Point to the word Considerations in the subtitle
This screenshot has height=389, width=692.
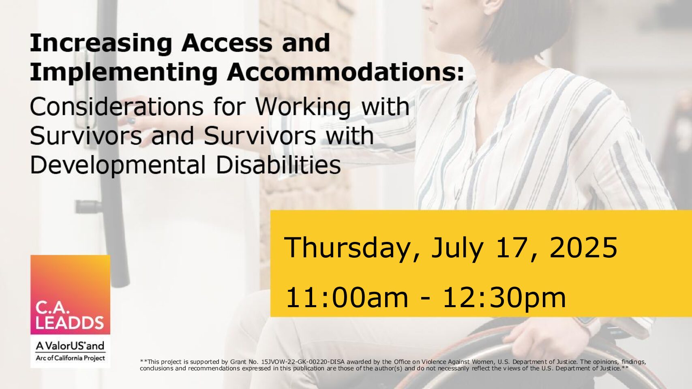coord(116,107)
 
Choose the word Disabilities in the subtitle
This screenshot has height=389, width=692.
coord(279,165)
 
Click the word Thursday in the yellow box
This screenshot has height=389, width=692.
coord(352,248)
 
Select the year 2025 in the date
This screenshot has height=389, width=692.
coord(583,248)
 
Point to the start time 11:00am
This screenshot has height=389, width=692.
coord(347,297)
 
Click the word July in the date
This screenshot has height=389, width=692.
coord(457,248)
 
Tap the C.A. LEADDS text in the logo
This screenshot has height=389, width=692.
coord(69,315)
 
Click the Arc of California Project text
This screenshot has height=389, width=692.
coord(71,358)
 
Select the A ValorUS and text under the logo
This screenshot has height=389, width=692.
coord(70,346)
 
